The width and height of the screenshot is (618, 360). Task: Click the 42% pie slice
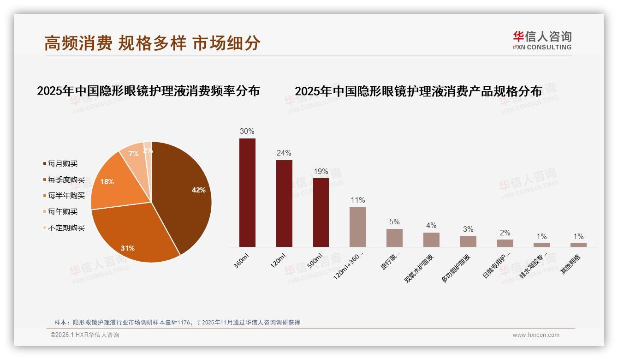(184, 194)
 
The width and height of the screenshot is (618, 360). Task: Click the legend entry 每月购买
(63, 164)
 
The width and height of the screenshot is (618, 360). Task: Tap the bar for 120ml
(284, 204)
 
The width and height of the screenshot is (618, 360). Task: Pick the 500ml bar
(321, 212)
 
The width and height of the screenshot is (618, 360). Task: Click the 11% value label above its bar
(357, 200)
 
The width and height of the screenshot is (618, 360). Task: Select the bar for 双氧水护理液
(431, 240)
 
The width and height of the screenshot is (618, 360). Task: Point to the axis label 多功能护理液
(457, 268)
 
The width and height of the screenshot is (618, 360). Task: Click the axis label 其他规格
(571, 264)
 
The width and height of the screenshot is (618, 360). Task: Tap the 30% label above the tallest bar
(247, 131)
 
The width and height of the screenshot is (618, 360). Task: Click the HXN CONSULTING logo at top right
(542, 41)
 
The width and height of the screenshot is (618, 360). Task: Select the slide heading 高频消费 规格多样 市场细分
(152, 43)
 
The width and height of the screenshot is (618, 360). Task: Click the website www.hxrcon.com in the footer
(536, 335)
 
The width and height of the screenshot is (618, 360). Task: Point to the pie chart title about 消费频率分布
(148, 91)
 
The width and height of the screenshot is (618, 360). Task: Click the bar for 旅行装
(394, 238)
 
